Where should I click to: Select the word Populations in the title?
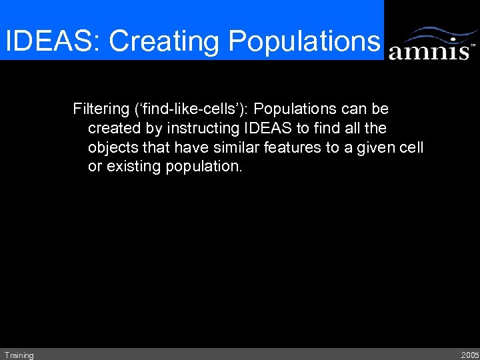click(303, 41)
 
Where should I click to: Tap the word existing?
click(132, 166)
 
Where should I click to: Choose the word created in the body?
click(113, 127)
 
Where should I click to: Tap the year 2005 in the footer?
click(469, 355)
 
